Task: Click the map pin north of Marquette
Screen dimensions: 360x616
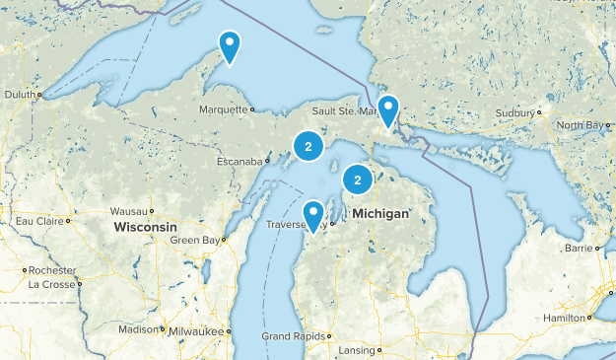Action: point(230,45)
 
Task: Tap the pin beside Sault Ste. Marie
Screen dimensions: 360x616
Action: point(388,110)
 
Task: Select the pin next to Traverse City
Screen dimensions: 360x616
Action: point(313,215)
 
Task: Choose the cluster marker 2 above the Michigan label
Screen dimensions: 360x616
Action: point(357,180)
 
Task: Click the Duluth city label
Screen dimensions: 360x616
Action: point(20,96)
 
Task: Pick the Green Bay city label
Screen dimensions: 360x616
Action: point(194,241)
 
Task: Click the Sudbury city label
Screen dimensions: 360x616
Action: point(514,113)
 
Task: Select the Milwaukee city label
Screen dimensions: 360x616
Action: point(197,331)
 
